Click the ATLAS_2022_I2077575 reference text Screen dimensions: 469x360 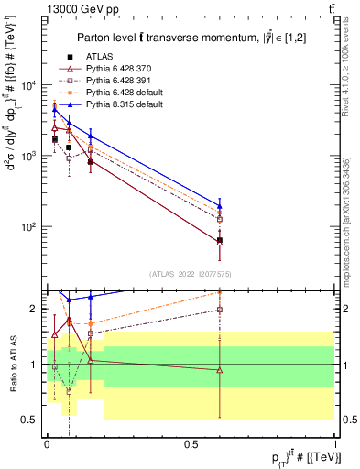coord(191,274)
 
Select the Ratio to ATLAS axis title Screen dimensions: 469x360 coord(13,364)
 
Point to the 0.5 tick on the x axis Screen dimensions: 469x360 coord(191,442)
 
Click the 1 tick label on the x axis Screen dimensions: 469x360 coord(336,442)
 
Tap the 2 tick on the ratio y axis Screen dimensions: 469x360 coord(33,309)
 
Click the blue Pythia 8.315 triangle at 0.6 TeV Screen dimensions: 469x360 coord(220,206)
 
